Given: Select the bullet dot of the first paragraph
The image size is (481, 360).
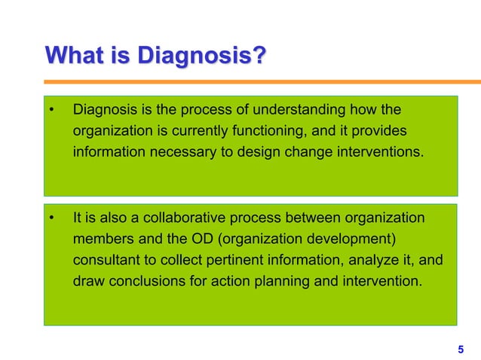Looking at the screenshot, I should coord(51,112).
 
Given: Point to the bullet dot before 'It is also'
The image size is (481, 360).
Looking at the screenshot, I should coord(51,219).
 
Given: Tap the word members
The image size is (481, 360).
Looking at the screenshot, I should coord(99,239).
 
